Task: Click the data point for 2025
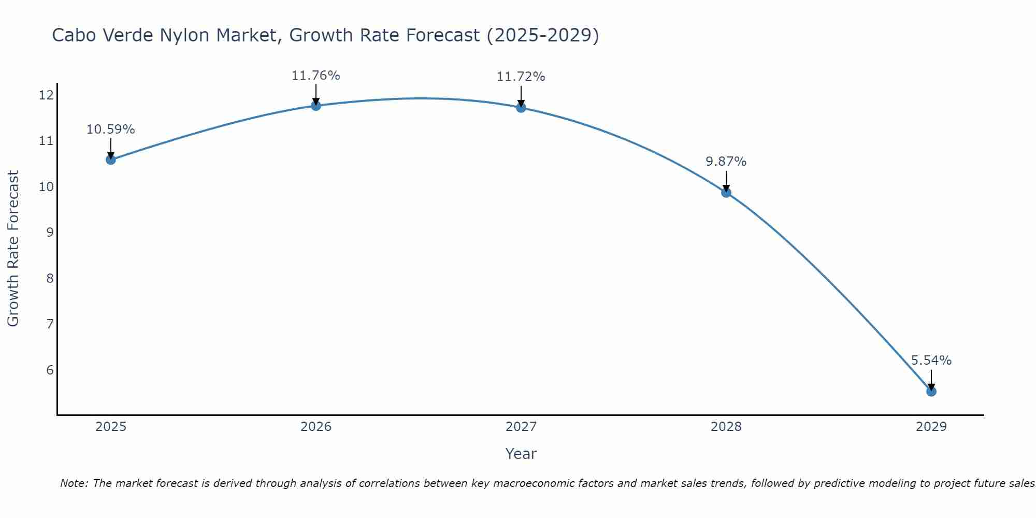111,160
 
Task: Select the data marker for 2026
316,106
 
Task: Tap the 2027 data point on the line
521,108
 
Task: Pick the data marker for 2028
726,193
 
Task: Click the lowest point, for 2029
931,392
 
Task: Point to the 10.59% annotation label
110,129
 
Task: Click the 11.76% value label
315,76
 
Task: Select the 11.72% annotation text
521,77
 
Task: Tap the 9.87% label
726,162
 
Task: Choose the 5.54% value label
931,361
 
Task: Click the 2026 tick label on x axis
316,427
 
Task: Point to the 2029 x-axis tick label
931,427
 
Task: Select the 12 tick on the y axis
46,95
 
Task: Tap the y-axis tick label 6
50,370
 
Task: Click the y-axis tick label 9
50,232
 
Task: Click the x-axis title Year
521,454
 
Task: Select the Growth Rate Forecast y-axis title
13,249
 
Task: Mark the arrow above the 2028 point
726,181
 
